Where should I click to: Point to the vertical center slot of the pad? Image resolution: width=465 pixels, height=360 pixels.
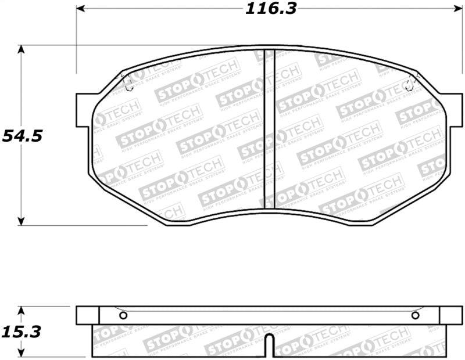(x=269, y=128)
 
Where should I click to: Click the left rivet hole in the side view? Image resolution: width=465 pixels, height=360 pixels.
(x=123, y=315)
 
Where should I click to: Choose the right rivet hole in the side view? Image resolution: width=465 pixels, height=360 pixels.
(x=415, y=315)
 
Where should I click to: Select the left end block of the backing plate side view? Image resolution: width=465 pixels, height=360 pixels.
(x=88, y=315)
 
